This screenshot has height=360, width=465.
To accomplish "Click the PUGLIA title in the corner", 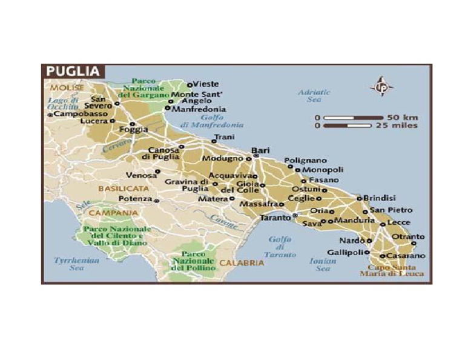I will (72, 72).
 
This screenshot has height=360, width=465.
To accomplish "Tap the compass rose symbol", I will (381, 87).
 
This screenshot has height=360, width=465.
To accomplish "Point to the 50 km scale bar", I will (353, 117).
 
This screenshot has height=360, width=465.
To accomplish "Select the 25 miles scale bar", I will (353, 125).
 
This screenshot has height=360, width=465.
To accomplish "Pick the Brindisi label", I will (380, 198).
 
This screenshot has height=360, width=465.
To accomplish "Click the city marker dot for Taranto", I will (295, 215).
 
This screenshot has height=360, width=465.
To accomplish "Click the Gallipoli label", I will (344, 252).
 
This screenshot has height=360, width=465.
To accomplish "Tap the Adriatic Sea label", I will (314, 96).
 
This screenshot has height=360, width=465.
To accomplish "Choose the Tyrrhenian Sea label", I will (68, 264).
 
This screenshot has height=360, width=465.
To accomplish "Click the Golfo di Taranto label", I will (279, 247).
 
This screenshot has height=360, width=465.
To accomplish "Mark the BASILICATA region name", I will (119, 188).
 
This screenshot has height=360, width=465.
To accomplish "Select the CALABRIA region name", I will (242, 263).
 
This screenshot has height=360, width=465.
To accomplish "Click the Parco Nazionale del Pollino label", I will (194, 260).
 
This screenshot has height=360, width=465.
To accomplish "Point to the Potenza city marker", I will (157, 200).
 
